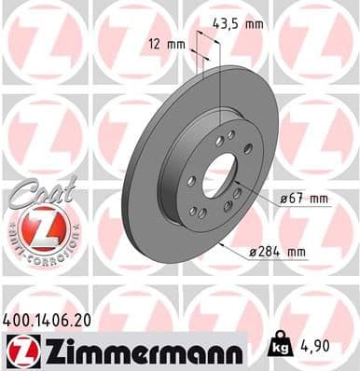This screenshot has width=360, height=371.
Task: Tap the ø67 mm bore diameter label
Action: [x=303, y=199]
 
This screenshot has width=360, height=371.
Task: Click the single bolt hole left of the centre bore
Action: [x=191, y=180]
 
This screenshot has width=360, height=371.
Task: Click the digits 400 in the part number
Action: [x=19, y=319]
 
